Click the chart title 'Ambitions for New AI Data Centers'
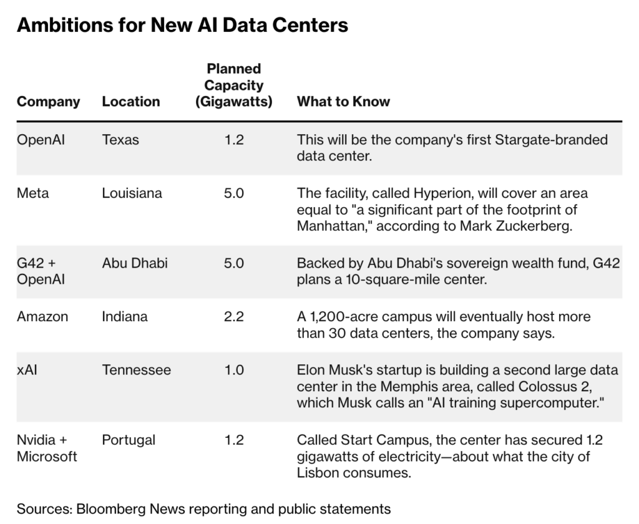pyautogui.click(x=182, y=25)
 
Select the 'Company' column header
pyautogui.click(x=48, y=102)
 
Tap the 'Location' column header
pyautogui.click(x=131, y=102)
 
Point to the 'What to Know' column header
pyautogui.click(x=343, y=102)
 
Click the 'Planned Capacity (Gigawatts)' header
pyautogui.click(x=234, y=85)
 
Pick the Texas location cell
pyautogui.click(x=120, y=140)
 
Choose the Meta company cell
pyautogui.click(x=32, y=193)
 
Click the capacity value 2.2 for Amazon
pyautogui.click(x=234, y=317)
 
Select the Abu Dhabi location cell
pyautogui.click(x=135, y=263)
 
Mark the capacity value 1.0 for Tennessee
pyautogui.click(x=234, y=371)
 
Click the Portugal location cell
pyautogui.click(x=129, y=440)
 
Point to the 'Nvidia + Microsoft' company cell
pyautogui.click(x=47, y=449)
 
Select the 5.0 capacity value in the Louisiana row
pyautogui.click(x=234, y=193)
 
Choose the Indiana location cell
pyautogui.click(x=125, y=317)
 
